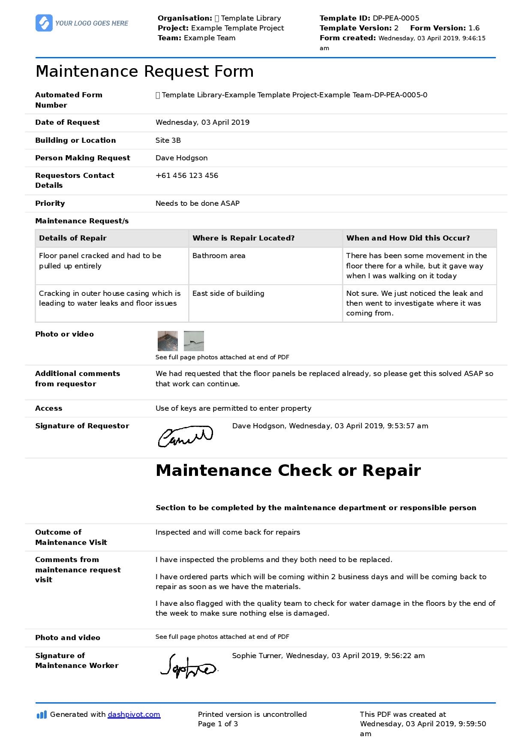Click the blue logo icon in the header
click(44, 23)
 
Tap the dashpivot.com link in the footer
click(134, 714)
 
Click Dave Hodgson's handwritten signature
click(185, 436)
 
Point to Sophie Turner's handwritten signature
click(189, 666)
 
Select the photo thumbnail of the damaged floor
click(168, 341)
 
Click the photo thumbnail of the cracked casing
click(194, 341)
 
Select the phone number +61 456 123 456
click(187, 176)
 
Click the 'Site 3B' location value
click(168, 141)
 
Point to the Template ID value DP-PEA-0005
click(396, 18)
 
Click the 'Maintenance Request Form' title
click(144, 72)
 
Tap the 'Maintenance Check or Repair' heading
click(288, 471)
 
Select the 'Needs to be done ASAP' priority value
click(198, 204)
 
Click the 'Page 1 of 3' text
click(218, 724)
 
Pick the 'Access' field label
click(48, 409)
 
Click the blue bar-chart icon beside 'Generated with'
click(42, 715)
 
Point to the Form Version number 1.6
click(474, 28)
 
